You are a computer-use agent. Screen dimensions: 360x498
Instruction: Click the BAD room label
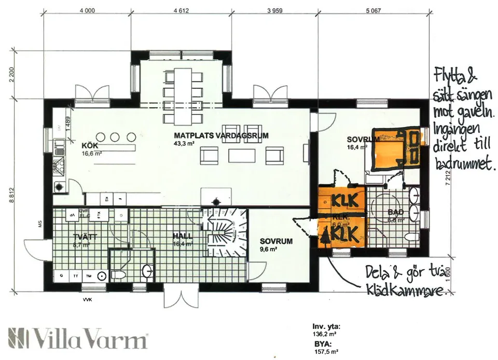point(395,212)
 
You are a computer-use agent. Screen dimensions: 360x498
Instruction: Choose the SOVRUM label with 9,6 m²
point(276,241)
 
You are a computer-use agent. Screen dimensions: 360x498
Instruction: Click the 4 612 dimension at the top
point(181,10)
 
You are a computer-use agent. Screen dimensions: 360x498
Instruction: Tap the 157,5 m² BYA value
point(325,350)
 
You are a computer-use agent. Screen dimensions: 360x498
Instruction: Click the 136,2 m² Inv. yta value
point(325,335)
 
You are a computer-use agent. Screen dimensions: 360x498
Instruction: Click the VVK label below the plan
point(82,300)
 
